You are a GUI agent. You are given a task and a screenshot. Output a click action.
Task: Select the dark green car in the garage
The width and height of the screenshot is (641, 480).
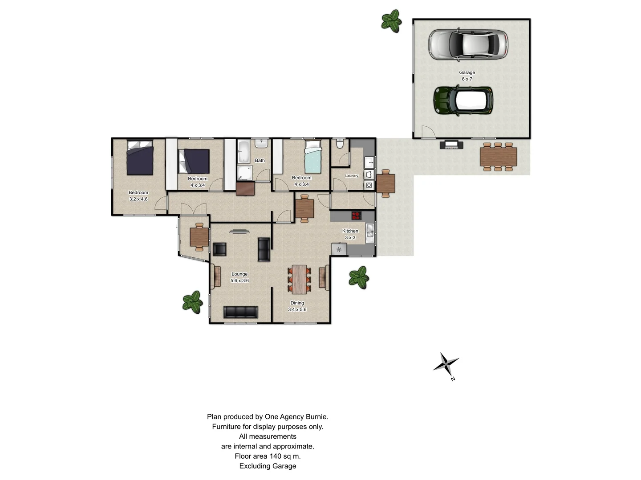pyautogui.click(x=463, y=101)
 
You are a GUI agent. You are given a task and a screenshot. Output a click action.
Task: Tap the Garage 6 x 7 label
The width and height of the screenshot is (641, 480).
pyautogui.click(x=467, y=76)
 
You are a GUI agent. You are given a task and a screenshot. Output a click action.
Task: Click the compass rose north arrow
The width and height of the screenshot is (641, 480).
pyautogui.click(x=446, y=365)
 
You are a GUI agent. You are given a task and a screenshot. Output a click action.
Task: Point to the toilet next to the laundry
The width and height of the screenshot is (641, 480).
pyautogui.click(x=340, y=144)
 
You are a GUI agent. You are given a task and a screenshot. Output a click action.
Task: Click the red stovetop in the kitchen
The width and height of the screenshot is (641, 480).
pyautogui.click(x=357, y=216)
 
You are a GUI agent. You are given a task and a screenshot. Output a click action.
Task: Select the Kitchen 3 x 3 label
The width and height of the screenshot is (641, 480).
pyautogui.click(x=350, y=234)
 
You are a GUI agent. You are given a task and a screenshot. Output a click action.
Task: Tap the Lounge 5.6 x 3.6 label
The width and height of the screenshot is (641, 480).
pyautogui.click(x=239, y=277)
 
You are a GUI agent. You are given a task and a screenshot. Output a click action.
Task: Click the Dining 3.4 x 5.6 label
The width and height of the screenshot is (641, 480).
pyautogui.click(x=297, y=306)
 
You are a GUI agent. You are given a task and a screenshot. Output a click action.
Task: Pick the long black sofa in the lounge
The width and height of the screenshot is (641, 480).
pyautogui.click(x=241, y=312)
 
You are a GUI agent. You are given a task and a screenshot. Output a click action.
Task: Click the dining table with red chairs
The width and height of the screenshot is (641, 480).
pyautogui.click(x=300, y=279)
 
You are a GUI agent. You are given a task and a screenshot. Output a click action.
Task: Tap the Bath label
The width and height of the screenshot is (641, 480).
pyautogui.click(x=260, y=160)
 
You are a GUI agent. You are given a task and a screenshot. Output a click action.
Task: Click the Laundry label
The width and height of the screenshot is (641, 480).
pyautogui.click(x=352, y=176)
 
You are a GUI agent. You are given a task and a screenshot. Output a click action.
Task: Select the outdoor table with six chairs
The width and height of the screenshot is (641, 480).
pyautogui.click(x=498, y=156)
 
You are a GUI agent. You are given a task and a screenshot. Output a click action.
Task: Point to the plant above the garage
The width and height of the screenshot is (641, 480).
pyautogui.click(x=391, y=21)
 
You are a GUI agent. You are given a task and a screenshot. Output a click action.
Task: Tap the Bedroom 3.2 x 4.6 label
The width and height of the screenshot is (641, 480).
pyautogui.click(x=138, y=196)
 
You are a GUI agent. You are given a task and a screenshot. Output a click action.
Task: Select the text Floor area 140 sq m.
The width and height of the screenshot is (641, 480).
pyautogui.click(x=268, y=456)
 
